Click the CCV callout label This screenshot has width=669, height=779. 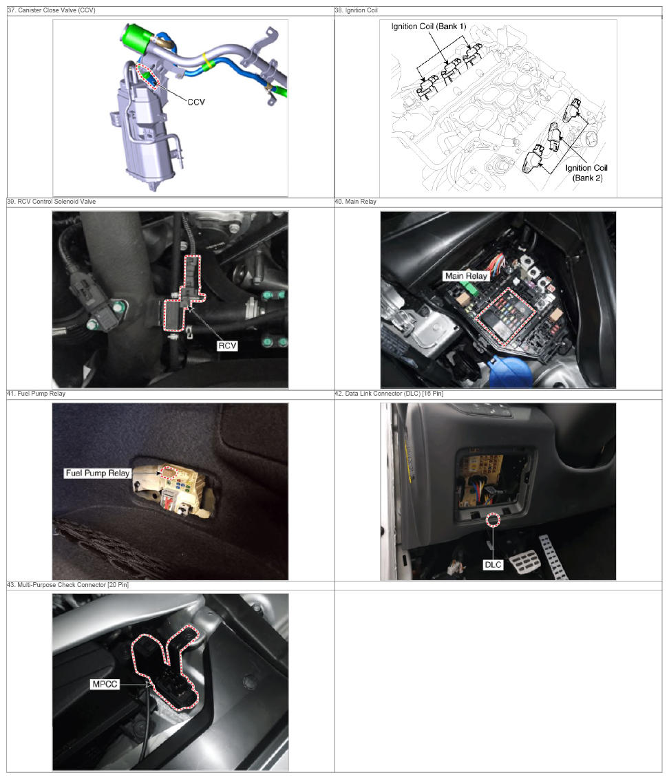pos(196,102)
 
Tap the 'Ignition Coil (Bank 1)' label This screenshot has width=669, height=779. pos(428,26)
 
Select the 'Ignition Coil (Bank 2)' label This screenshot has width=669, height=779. pos(586,173)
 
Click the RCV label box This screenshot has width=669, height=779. pos(227,345)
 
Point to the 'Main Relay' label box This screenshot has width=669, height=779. pos(466,276)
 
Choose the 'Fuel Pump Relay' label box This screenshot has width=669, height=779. pos(98,473)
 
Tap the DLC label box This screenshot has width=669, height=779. pos(493,565)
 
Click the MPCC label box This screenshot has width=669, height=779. pos(105,684)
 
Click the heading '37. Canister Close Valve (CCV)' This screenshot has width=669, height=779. pos(51,10)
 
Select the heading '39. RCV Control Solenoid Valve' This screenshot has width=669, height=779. pos(51,201)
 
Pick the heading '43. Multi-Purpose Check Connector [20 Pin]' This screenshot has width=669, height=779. pos(67,585)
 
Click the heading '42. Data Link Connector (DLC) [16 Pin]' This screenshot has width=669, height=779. pos(389,394)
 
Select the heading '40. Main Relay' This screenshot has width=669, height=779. pos(356,201)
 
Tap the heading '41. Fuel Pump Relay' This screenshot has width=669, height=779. pos(36,394)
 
